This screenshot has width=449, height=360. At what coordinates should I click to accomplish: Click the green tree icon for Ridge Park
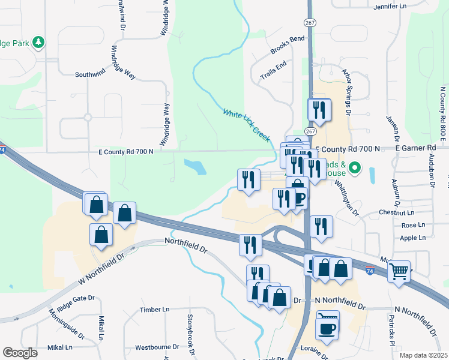coord(40,42)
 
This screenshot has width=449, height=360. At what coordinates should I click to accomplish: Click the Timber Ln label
coord(154,310)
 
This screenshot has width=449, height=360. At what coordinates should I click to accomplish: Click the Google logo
coord(20,353)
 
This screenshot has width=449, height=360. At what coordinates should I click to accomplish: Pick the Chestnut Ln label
coord(396,213)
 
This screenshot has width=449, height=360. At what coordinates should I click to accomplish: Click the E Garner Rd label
coord(415,148)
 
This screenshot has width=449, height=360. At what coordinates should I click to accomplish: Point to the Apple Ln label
coord(412,238)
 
